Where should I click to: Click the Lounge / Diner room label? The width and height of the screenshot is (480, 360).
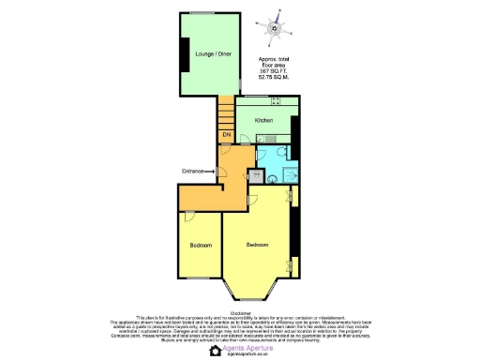point(214,55)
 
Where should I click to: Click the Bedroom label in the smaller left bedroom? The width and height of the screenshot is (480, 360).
point(200,246)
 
